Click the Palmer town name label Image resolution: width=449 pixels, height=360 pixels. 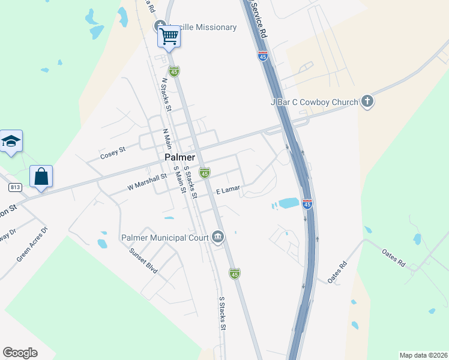pyautogui.click(x=179, y=157)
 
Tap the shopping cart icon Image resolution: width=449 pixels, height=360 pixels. pyautogui.click(x=169, y=37)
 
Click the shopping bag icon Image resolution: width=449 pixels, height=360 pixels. pyautogui.click(x=41, y=177)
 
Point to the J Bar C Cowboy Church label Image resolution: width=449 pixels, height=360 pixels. pyautogui.click(x=314, y=103)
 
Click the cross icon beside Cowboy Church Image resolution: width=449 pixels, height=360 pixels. pyautogui.click(x=367, y=102)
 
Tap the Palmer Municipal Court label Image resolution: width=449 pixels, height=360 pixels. pyautogui.click(x=164, y=238)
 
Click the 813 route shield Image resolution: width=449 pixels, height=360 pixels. pyautogui.click(x=16, y=187)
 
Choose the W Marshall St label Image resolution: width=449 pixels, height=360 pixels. pyautogui.click(x=147, y=182)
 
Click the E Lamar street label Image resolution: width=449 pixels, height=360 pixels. pyautogui.click(x=228, y=190)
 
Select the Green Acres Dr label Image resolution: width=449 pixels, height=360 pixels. pyautogui.click(x=32, y=244)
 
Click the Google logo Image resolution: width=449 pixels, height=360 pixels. pyautogui.click(x=20, y=353)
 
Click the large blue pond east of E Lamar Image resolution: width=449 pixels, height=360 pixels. pyautogui.click(x=288, y=203)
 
